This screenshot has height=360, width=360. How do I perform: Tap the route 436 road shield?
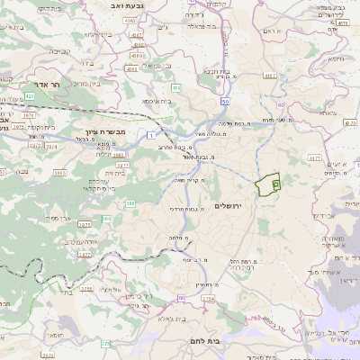(x=175, y=87)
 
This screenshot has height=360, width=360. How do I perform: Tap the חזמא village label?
(x=339, y=60)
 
